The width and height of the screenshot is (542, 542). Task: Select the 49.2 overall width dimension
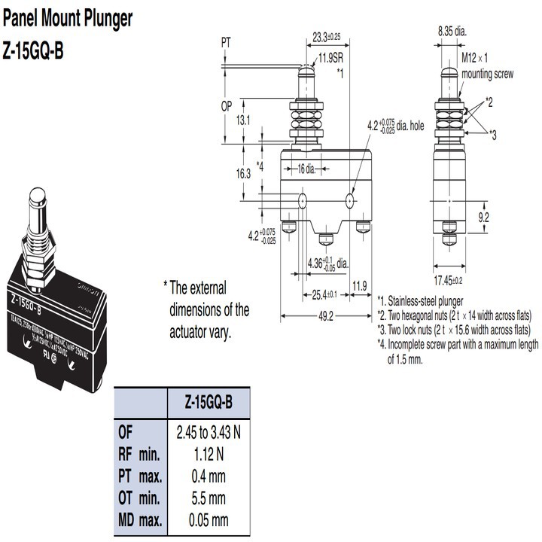point(325,315)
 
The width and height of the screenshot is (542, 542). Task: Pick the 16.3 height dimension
point(242,173)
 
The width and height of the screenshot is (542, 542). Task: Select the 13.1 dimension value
point(242,120)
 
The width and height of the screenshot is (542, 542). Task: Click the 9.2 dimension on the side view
point(483,218)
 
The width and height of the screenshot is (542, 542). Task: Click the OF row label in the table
point(126,432)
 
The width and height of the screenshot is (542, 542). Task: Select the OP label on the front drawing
point(226,106)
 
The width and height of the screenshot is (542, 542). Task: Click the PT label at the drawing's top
point(226,43)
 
